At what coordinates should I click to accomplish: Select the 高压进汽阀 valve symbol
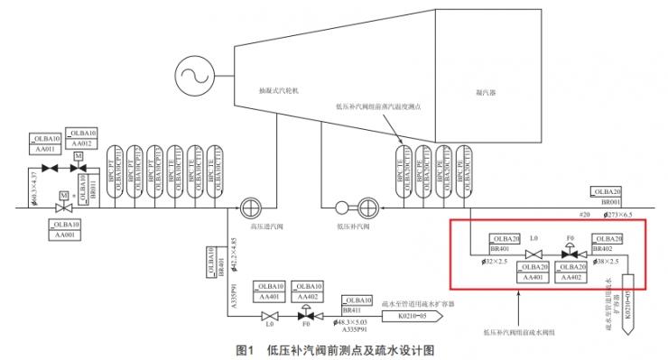251,207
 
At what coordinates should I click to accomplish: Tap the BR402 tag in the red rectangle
607,244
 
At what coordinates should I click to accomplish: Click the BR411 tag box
357,303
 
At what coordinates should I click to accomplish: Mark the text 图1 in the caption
246,348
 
